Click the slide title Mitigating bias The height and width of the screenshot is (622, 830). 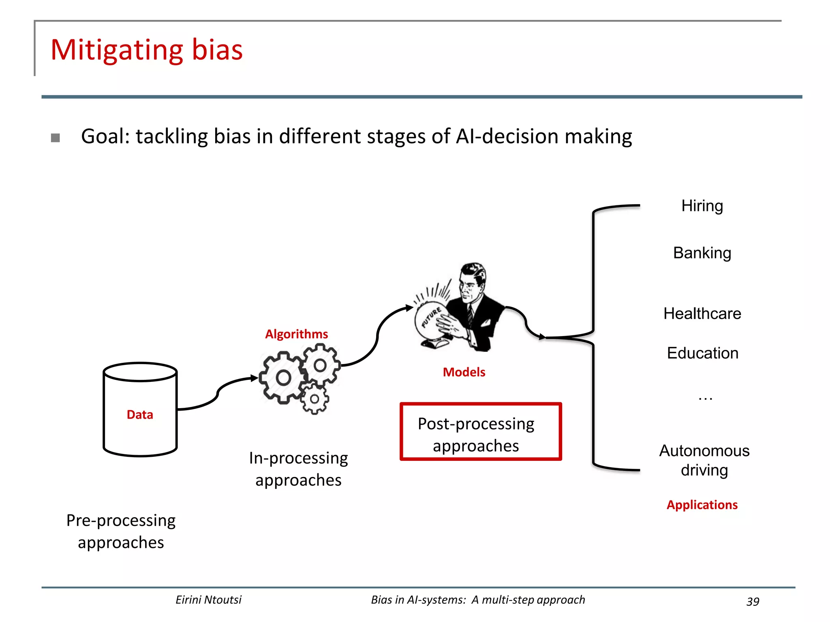coord(146,50)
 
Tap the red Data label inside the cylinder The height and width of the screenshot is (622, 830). coord(140,415)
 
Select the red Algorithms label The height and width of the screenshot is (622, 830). coord(296,334)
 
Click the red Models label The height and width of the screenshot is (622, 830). coord(464,372)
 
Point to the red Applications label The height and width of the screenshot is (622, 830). coord(702,505)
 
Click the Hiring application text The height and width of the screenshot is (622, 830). coord(702,206)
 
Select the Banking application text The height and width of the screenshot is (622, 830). coord(702,253)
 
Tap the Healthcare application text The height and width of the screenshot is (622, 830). coord(702,313)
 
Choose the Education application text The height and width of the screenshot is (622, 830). coord(702,353)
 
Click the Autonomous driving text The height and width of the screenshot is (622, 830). coord(704,460)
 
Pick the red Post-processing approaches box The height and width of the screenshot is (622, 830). coord(481,432)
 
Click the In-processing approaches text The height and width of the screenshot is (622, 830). coord(298,469)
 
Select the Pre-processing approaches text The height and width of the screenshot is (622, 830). coord(121,531)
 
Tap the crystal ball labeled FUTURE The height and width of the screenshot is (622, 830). coord(430,320)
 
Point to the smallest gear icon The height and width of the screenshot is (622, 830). coord(314,399)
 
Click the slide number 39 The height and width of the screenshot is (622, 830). coord(753,601)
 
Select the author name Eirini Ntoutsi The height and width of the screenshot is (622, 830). coord(208,600)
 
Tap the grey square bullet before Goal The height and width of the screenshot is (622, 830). coord(56,138)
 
